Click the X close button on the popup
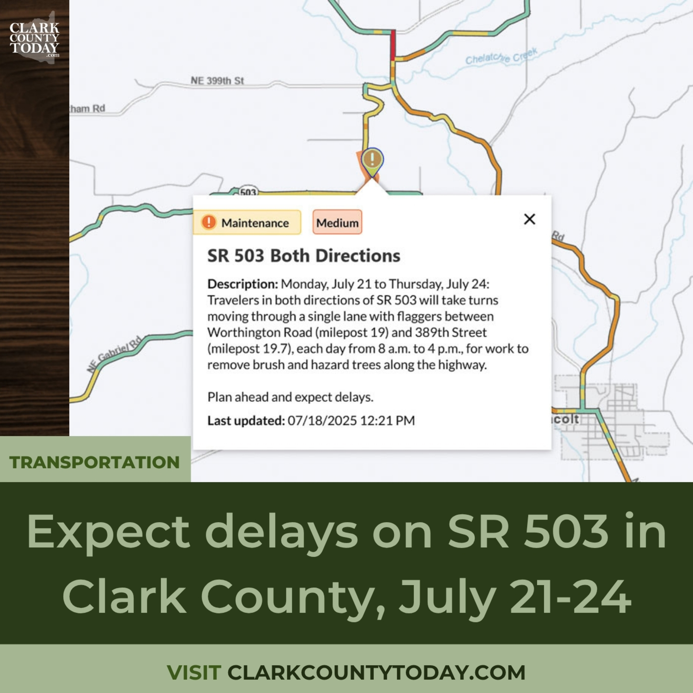click(529, 219)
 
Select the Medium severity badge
click(337, 222)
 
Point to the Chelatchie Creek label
click(502, 56)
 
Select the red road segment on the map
click(393, 45)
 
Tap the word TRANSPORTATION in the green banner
click(94, 462)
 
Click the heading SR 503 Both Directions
click(304, 256)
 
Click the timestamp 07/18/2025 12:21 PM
click(351, 420)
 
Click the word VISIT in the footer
click(194, 672)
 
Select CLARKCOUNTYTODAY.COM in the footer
click(376, 672)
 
